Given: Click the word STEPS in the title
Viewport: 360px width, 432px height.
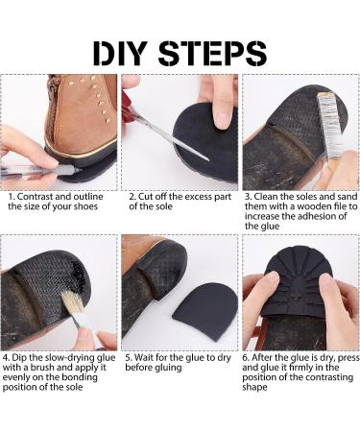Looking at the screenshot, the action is (x=212, y=53).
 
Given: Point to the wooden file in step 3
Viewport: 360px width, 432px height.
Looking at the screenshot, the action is (x=328, y=129).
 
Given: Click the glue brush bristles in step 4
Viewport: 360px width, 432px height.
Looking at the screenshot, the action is (x=72, y=301).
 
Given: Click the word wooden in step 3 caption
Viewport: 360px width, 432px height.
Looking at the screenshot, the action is (x=314, y=206).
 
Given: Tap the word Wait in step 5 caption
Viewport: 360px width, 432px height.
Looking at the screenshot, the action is (x=145, y=357).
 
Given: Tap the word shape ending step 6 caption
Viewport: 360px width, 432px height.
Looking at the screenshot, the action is (x=254, y=388).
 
